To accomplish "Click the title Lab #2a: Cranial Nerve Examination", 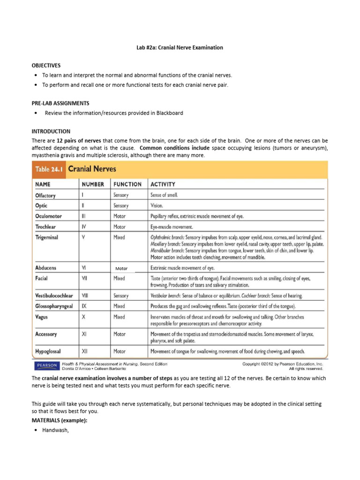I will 180,47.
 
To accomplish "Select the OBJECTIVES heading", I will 46,65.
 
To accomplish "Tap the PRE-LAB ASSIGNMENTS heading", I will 60,103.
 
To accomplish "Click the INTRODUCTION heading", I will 51,131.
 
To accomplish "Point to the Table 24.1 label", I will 48,169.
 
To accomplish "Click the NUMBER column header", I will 93,184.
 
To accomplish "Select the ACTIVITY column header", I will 162,184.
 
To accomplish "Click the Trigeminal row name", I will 46,237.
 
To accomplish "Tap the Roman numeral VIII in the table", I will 85,296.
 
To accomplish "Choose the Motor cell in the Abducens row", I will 121,269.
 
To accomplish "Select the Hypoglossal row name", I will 48,351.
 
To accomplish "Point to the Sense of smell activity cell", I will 164,195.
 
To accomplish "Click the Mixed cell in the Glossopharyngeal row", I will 119,306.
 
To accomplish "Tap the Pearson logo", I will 45,366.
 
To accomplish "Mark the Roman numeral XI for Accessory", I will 84,334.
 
